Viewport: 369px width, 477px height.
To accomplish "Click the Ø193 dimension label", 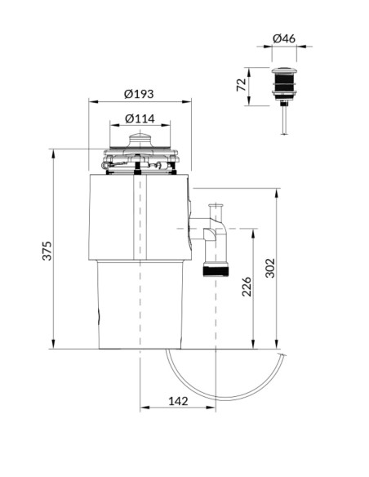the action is click(139, 94).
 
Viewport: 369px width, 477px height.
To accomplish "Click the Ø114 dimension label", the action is click(140, 118).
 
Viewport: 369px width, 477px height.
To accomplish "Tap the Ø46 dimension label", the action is click(284, 38).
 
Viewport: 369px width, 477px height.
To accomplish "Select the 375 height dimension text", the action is click(47, 251).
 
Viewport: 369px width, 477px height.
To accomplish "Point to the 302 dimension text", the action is click(270, 268).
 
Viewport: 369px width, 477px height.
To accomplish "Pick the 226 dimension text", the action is click(247, 287).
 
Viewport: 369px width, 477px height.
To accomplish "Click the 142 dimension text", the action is click(178, 401).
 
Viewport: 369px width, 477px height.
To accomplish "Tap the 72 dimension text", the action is click(242, 85).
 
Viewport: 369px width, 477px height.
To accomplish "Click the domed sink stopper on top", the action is click(140, 140).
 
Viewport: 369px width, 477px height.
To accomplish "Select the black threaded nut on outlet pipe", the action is click(216, 270).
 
